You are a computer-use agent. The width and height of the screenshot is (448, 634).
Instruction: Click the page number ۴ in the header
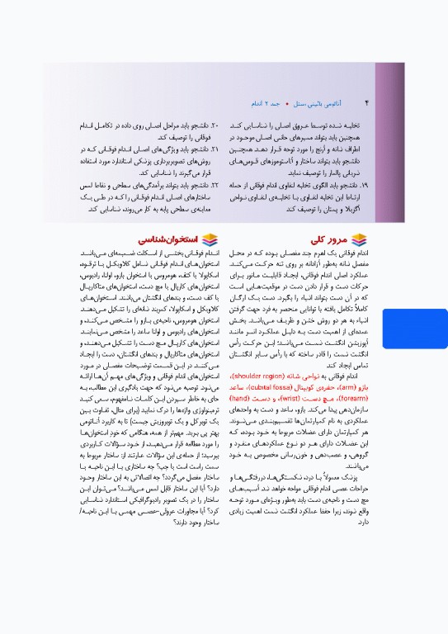pos(366,103)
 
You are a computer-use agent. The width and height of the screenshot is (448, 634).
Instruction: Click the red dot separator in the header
pos(289,104)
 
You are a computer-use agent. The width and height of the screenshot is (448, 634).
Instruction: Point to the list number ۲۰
pos(215,123)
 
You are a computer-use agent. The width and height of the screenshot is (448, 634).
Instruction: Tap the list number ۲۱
pos(215,149)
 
